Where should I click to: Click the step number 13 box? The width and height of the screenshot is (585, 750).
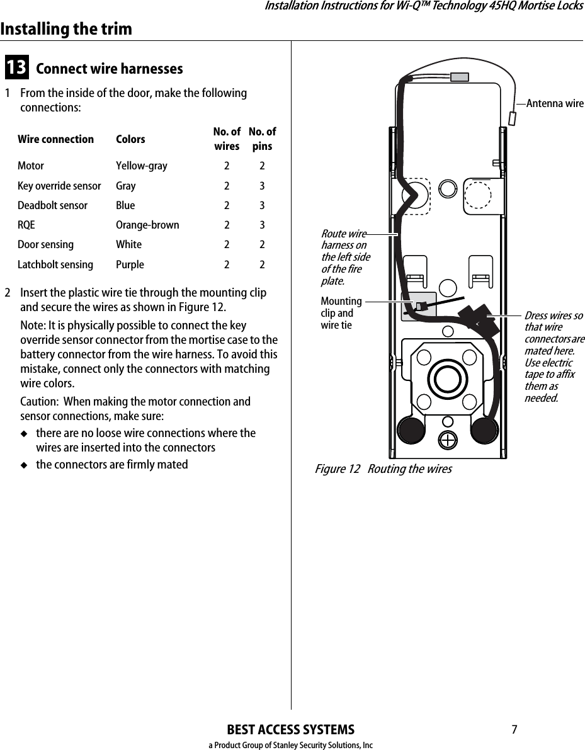[16, 67]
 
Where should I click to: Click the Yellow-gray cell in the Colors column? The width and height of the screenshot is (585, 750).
[142, 166]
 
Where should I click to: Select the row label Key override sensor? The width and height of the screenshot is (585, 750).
[59, 186]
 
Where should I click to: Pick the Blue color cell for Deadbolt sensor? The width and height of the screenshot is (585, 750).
[125, 205]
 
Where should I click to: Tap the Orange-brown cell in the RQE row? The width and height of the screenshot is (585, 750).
[147, 225]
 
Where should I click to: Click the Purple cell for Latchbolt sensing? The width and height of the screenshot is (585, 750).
[130, 264]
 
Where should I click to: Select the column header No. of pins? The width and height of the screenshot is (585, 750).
[262, 139]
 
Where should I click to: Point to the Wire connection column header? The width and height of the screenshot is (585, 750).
[55, 139]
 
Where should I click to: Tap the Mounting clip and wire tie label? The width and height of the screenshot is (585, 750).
[341, 313]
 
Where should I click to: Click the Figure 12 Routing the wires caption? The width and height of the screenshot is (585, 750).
[383, 469]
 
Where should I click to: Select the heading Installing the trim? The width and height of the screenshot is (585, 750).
[66, 29]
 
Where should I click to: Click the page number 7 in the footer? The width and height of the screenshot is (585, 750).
[514, 730]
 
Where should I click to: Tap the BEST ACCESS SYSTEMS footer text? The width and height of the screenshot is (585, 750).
[290, 730]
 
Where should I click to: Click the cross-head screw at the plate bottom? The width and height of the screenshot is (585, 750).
[448, 440]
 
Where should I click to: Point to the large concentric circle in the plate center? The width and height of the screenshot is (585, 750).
[448, 380]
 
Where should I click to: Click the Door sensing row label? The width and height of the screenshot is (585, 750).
[45, 244]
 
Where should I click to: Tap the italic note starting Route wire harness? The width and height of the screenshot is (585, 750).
[345, 257]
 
